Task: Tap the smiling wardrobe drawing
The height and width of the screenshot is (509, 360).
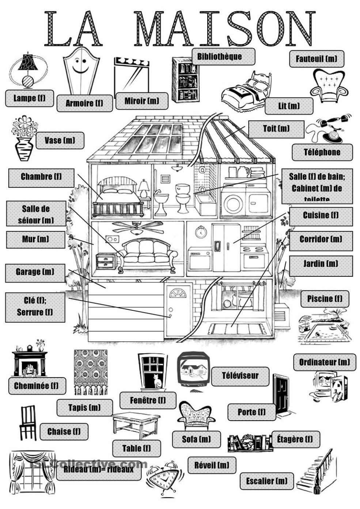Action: coord(81,71)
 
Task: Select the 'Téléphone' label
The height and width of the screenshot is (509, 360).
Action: coord(322,152)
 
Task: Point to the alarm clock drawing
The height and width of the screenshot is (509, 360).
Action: coord(163,480)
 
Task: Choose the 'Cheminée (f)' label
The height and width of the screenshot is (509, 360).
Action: coord(37,386)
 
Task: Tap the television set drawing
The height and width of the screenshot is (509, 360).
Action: coord(193,369)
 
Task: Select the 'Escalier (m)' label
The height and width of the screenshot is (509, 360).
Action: coord(267,481)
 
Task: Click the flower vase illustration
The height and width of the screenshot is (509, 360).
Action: coord(24,139)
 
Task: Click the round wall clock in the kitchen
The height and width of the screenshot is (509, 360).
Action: coord(200,232)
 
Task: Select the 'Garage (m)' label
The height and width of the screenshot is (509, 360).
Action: coord(35,272)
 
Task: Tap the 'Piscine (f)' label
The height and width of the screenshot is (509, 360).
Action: coord(325,299)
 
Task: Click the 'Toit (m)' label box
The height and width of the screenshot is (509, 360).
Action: coord(276,129)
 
